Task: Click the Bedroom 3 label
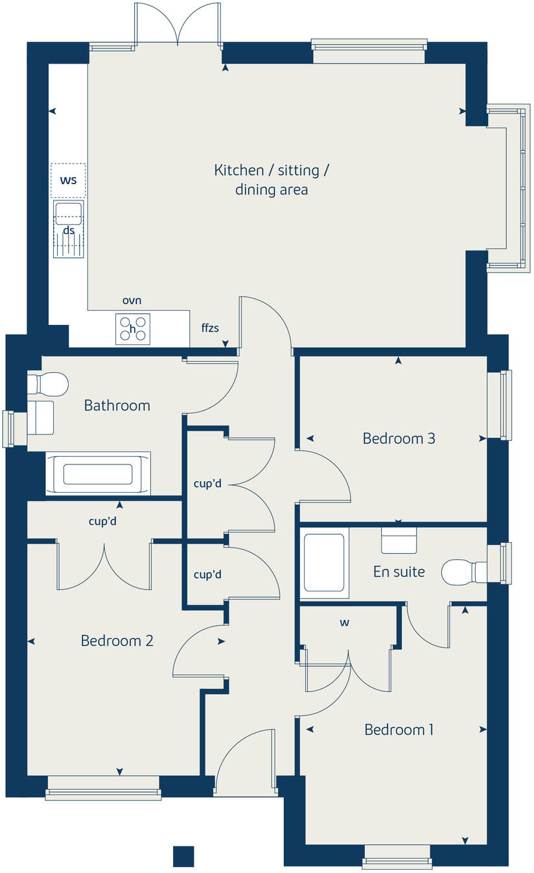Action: pyautogui.click(x=399, y=438)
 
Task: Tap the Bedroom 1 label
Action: pyautogui.click(x=399, y=730)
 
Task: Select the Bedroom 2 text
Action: pyautogui.click(x=117, y=641)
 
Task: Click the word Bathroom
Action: pyautogui.click(x=117, y=405)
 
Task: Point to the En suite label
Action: pyautogui.click(x=399, y=571)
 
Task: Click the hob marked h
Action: pyautogui.click(x=132, y=329)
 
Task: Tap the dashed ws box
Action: pyautogui.click(x=68, y=180)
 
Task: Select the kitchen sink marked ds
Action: pyautogui.click(x=68, y=229)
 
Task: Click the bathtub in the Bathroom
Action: pyautogui.click(x=98, y=474)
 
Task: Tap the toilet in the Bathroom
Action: pyautogui.click(x=49, y=383)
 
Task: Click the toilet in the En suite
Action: pyautogui.click(x=463, y=571)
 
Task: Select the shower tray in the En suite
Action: pyautogui.click(x=324, y=562)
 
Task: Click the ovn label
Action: pyautogui.click(x=132, y=301)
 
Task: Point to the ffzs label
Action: pyautogui.click(x=210, y=328)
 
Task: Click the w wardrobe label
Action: pyautogui.click(x=345, y=623)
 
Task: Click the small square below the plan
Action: pyautogui.click(x=183, y=856)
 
